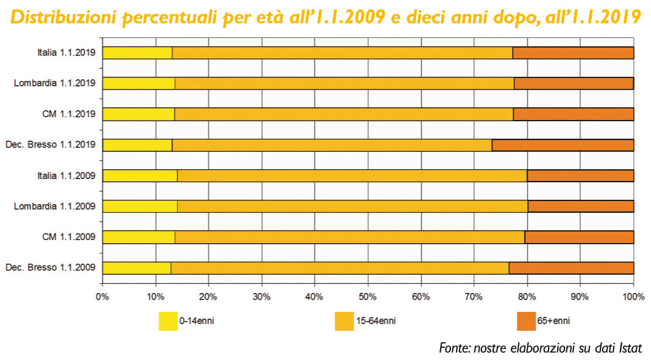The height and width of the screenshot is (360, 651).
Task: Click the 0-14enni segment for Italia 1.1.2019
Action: coord(137,53)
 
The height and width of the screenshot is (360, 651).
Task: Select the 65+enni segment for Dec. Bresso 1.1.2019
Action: coord(563,145)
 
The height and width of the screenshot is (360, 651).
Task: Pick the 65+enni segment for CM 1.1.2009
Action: coord(579,237)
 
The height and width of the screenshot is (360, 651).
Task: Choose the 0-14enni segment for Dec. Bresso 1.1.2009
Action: coord(137,267)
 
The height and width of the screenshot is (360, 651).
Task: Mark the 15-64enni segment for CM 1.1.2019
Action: coord(344,114)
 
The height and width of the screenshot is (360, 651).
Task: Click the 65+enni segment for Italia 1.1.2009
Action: coord(580,175)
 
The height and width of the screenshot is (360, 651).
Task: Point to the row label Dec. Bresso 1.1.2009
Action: coord(50,267)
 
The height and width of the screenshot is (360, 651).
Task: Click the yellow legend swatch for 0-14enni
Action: coord(168,321)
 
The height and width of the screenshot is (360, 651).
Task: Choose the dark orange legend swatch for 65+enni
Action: coord(526,321)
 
